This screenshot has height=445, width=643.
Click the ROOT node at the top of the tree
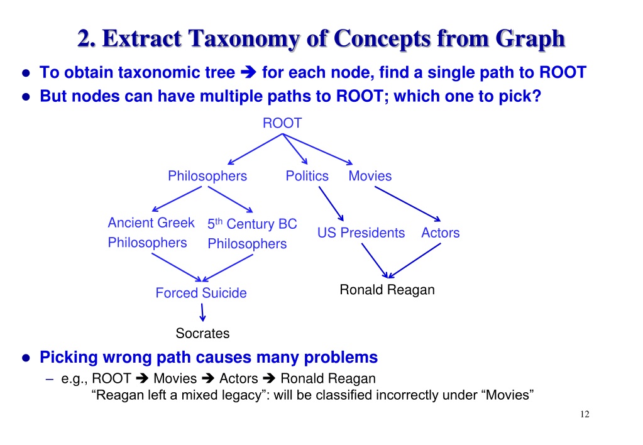point(282,123)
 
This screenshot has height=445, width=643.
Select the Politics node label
point(307,176)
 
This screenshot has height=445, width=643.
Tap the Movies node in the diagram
point(370,176)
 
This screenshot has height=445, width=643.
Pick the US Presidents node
point(361,233)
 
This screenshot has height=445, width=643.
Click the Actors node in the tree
point(440,233)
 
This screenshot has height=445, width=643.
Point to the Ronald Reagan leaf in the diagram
point(387,290)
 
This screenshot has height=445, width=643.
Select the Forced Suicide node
point(201,293)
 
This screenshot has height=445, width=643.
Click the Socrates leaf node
point(202,333)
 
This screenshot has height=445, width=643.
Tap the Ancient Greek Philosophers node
point(151,233)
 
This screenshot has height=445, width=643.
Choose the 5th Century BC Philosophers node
point(251,234)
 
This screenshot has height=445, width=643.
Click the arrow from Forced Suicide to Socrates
point(202,312)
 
